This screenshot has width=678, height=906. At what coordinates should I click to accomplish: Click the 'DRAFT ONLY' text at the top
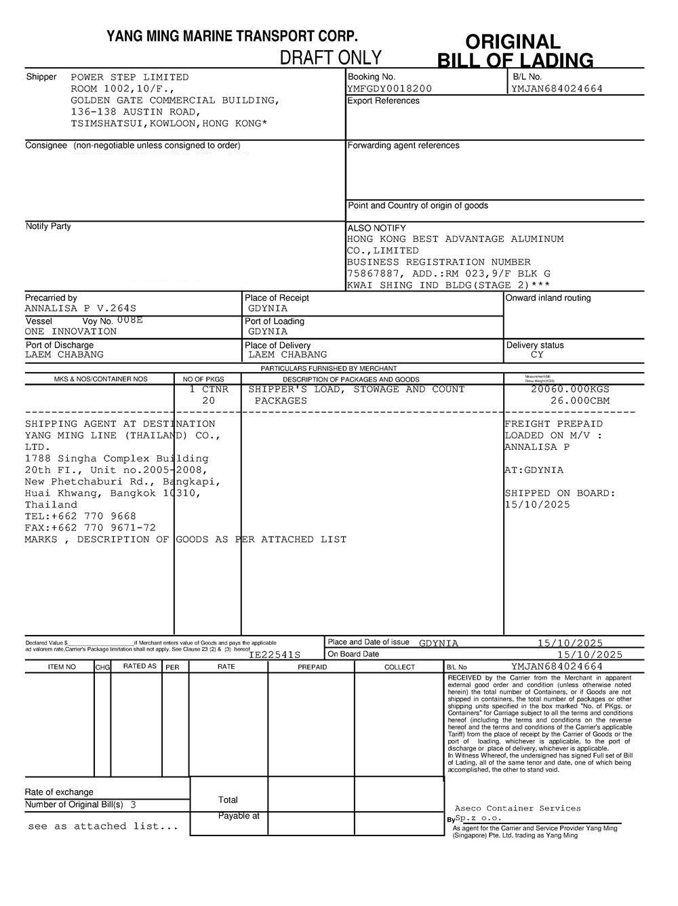point(330,58)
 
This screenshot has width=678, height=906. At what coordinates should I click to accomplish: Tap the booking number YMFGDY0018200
point(389,89)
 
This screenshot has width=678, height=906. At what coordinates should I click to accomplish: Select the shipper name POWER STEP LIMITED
point(129,77)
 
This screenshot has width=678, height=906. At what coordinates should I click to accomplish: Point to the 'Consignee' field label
point(46,146)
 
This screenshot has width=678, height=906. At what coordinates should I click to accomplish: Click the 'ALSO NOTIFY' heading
point(376,228)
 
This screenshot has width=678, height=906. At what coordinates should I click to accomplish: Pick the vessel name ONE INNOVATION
point(71,332)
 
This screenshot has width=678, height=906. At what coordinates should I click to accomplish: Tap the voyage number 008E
point(130,320)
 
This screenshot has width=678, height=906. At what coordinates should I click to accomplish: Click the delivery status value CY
point(537,355)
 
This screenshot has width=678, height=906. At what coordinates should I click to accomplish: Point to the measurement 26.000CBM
point(580,401)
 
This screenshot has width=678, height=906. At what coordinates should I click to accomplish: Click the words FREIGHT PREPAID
point(553,424)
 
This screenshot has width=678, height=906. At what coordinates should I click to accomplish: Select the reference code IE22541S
point(274,655)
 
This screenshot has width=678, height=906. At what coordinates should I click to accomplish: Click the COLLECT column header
point(399,667)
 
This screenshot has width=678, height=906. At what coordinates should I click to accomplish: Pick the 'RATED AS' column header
point(140,667)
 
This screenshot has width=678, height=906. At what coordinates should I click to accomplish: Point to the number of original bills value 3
point(133,805)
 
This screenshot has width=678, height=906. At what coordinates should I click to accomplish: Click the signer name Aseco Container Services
point(517,808)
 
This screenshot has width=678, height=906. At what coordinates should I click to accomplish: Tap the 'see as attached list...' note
point(103,827)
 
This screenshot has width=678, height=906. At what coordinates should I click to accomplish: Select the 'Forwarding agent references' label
point(403,146)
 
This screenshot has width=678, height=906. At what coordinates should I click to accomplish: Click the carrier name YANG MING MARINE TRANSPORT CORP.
point(232,37)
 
